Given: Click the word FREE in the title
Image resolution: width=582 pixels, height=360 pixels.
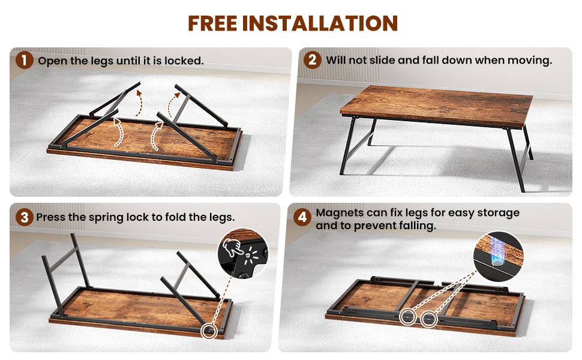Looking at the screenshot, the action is tap(212, 23).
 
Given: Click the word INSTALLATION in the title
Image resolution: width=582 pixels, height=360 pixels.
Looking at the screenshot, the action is tap(320, 23).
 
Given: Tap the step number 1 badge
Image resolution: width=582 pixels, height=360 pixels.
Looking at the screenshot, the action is tap(25, 60).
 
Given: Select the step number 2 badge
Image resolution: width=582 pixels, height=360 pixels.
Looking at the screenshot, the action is tap(313, 60).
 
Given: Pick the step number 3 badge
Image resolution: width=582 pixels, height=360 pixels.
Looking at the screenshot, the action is tap(25, 217).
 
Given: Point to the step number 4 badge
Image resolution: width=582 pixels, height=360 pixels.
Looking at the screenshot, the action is tap(302, 217).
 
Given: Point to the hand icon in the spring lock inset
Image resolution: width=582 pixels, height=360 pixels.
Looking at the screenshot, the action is tap(232, 247).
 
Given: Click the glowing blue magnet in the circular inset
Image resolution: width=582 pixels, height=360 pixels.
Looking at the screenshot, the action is tap(497, 251).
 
